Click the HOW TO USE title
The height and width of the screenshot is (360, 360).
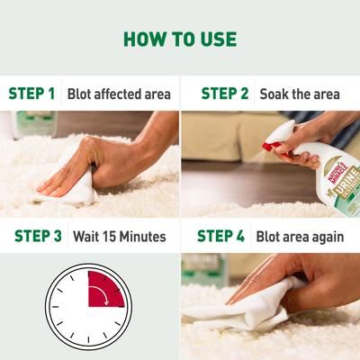pos(180,40)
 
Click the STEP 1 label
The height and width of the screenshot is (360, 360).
pos(32,93)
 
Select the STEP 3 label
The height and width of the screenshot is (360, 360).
pos(38,237)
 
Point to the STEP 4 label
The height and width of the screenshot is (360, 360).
pos(221,237)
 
